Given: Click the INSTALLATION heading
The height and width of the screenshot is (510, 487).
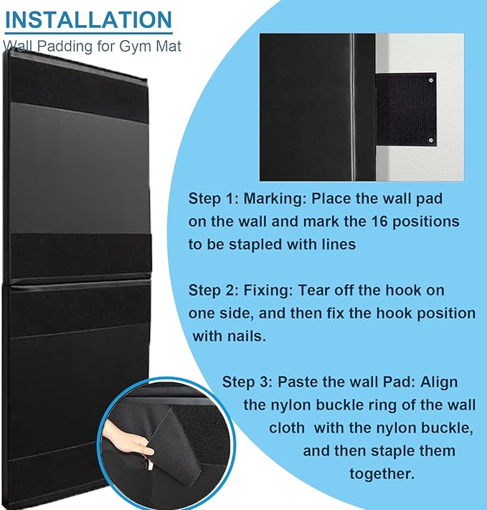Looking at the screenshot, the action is pos(88,20).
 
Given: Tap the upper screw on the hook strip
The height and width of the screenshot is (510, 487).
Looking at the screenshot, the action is pos(431,80).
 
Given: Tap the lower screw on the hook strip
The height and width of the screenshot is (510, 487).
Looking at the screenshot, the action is pos(431,141).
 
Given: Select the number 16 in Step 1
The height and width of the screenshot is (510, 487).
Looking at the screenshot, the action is pos(379,222).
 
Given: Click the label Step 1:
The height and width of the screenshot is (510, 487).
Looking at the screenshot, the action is pos(214,199).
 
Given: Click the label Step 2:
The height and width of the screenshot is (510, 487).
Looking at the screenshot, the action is pos(214,291).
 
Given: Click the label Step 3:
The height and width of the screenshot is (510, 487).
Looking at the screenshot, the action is pos(247,382).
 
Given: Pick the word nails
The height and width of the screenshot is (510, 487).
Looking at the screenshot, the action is pos(247,336).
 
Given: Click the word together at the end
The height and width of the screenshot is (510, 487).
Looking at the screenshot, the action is pos(382,474).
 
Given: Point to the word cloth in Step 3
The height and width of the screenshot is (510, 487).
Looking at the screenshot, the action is pos(287,428).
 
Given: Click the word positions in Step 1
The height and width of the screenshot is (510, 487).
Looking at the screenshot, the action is pos(425,222).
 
